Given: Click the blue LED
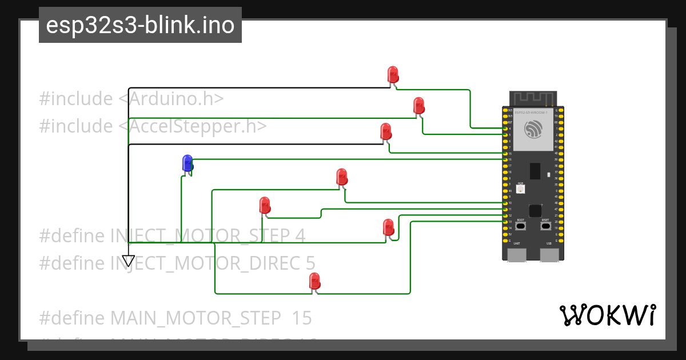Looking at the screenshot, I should [x=187, y=163].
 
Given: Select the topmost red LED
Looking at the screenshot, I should [x=393, y=74].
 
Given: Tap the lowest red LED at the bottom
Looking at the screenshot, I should [x=314, y=281].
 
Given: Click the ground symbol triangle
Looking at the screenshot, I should [x=129, y=261].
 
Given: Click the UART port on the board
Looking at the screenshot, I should [x=517, y=254].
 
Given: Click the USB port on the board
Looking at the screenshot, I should [x=549, y=254].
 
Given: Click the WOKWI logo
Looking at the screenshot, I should [x=607, y=315].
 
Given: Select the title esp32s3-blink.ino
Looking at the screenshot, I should [x=140, y=26].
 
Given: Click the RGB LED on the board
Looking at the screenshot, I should [x=520, y=188].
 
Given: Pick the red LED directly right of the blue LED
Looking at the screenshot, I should [x=341, y=177].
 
